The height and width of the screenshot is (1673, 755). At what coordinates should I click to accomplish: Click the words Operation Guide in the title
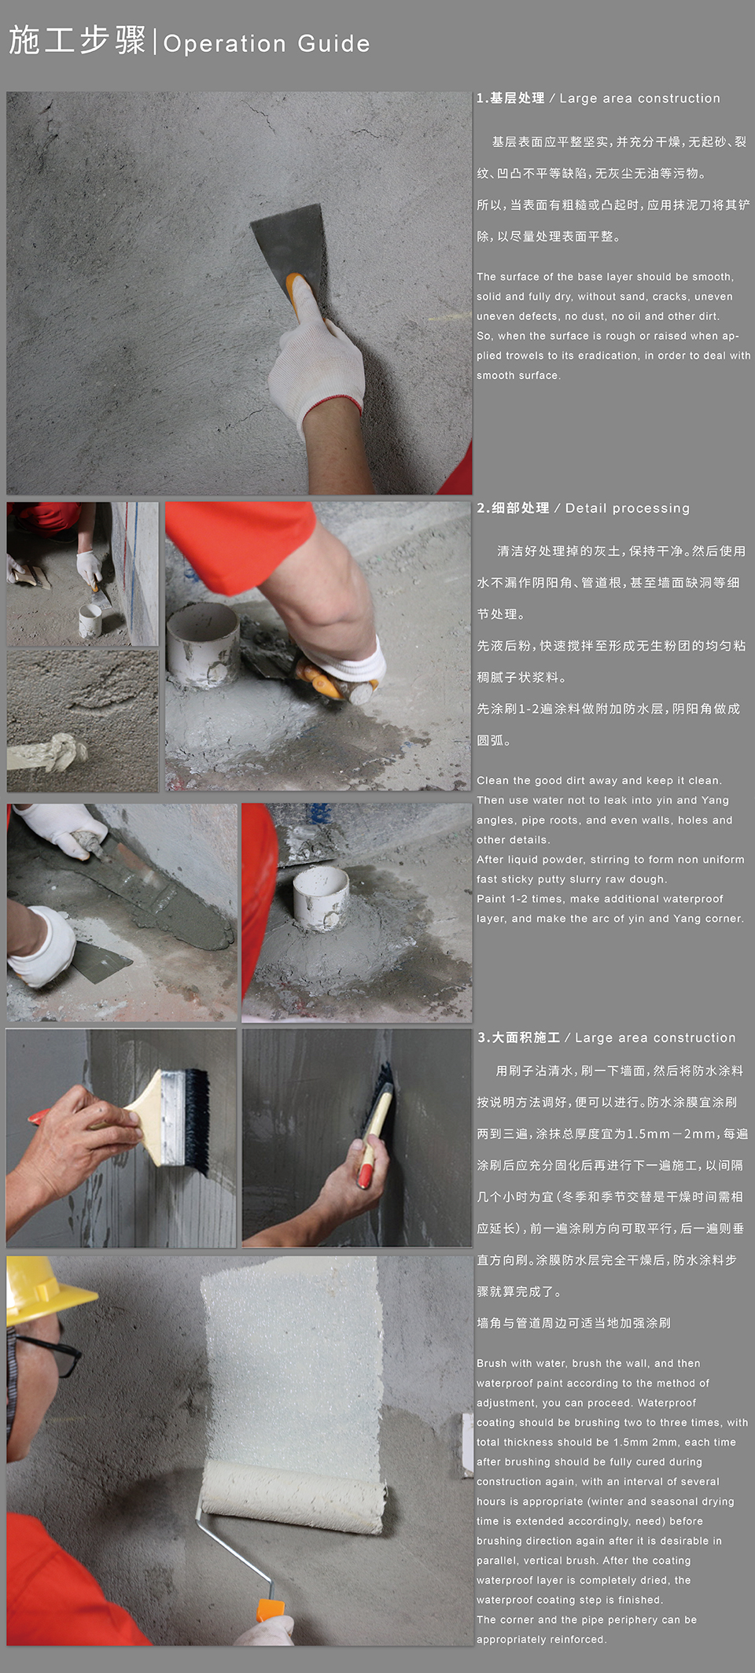pos(266,43)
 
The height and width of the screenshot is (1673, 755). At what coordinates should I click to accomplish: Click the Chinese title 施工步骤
pos(77,40)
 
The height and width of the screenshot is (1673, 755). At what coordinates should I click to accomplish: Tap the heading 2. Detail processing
pos(583,508)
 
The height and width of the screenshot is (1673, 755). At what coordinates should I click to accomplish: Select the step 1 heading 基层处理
pos(517,98)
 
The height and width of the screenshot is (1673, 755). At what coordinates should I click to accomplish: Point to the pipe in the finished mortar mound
pos(320,897)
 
